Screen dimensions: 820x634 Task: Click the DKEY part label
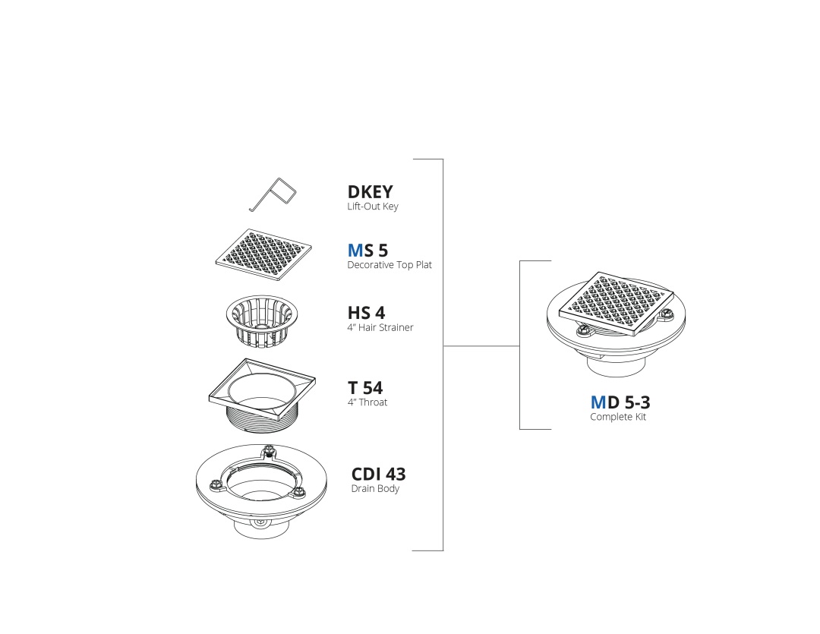pos(370,192)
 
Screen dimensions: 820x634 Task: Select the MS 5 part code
pos(367,251)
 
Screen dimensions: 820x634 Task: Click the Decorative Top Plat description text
pos(389,265)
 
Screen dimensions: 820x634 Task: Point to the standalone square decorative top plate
pos(263,255)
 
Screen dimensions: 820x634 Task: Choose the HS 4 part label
pos(366,313)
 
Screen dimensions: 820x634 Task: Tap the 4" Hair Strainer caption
pos(380,327)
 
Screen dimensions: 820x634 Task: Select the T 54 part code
pos(365,388)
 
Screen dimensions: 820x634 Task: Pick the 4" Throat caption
pos(367,402)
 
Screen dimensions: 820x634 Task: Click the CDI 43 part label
pos(378,474)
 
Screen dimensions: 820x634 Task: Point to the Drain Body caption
pos(375,488)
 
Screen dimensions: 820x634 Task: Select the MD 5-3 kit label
pos(620,402)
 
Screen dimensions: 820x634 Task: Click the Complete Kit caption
pos(618,417)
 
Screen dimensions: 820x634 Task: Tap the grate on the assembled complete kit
pos(617,304)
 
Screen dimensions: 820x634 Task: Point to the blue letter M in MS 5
pos(355,251)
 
